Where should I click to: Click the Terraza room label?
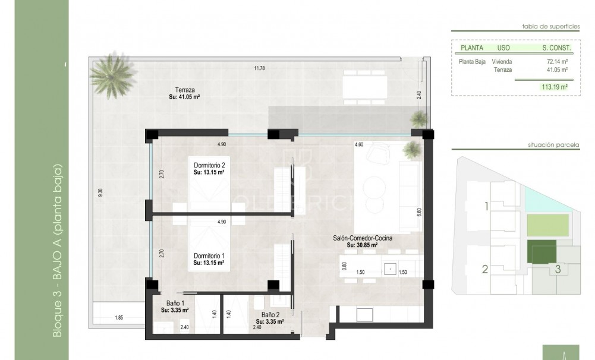point(177,89)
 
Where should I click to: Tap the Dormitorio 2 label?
point(209,165)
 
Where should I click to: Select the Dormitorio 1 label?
point(209,256)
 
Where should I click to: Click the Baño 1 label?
point(171,303)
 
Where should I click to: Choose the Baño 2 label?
point(271,315)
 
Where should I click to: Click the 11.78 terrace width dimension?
point(259,68)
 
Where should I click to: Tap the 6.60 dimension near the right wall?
point(418,210)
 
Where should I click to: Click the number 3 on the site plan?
point(558,269)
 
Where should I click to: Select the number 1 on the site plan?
point(486,207)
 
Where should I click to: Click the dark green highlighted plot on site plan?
point(542,252)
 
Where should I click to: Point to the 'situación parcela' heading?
point(553,144)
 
